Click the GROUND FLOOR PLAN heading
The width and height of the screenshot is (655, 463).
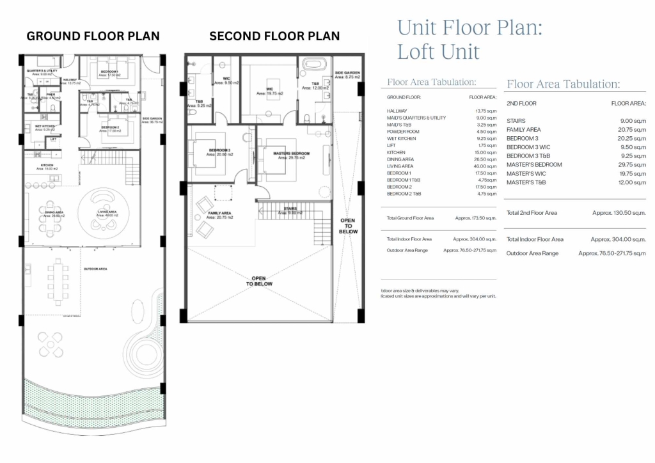click(93, 36)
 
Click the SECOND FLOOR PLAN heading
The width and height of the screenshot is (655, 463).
click(274, 36)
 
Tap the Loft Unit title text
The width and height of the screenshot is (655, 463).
click(438, 51)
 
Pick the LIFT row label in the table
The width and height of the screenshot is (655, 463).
click(392, 146)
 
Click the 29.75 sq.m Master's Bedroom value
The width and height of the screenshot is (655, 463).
click(633, 165)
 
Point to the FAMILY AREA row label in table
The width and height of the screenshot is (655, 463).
click(523, 130)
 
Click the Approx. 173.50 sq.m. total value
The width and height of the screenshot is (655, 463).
click(476, 218)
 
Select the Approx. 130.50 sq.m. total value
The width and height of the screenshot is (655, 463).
click(619, 213)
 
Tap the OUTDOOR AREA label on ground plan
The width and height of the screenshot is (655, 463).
click(95, 269)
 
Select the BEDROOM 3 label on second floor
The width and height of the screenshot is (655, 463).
click(219, 151)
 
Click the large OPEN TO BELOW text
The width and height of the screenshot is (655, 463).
click(260, 280)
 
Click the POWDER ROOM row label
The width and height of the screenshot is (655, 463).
click(403, 132)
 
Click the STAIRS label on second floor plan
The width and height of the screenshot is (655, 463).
click(290, 208)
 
